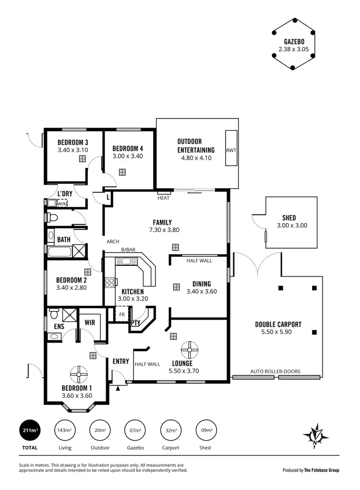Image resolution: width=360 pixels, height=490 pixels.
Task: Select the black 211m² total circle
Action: pyautogui.click(x=29, y=430)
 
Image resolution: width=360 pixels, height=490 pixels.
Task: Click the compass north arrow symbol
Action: pyautogui.click(x=315, y=436)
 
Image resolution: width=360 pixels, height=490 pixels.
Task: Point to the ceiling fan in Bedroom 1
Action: pyautogui.click(x=77, y=373)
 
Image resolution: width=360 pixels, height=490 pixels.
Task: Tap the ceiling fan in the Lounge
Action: pyautogui.click(x=190, y=349)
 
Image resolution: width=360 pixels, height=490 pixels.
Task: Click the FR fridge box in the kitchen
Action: pyautogui.click(x=121, y=315)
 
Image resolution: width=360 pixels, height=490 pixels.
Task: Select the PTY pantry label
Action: pyautogui.click(x=135, y=323)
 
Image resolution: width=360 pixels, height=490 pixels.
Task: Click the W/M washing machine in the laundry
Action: pyautogui.click(x=62, y=203)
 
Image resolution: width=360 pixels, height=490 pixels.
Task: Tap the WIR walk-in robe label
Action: pyautogui.click(x=89, y=323)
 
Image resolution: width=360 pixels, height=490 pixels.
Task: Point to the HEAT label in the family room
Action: pyautogui.click(x=163, y=198)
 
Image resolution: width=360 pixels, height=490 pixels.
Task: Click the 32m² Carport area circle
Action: pyautogui.click(x=171, y=430)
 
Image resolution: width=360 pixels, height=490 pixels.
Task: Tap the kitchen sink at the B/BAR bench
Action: pyautogui.click(x=126, y=261)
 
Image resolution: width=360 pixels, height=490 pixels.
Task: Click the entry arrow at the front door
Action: pyautogui.click(x=118, y=380)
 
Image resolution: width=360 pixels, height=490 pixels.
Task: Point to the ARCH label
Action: pyautogui.click(x=113, y=242)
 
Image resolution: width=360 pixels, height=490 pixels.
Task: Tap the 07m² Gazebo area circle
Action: pyautogui.click(x=136, y=430)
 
